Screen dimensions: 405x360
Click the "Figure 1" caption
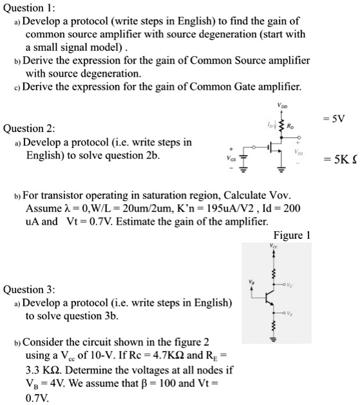[x=292, y=235]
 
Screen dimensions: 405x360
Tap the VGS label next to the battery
[x=225, y=155]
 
